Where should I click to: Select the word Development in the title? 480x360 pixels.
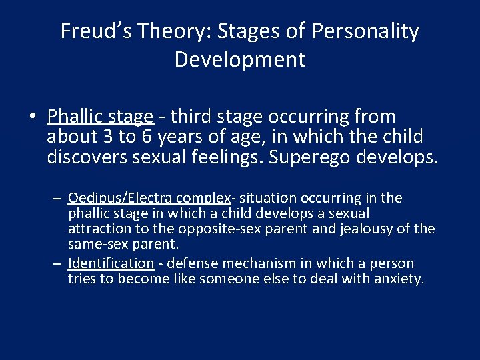point(240,59)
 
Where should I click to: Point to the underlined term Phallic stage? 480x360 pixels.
point(100,117)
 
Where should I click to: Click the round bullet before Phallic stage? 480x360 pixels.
point(33,117)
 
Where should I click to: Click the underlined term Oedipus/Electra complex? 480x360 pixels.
point(149,199)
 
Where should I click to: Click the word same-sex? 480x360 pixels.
point(95,244)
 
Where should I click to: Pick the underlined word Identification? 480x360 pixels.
point(111,263)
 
